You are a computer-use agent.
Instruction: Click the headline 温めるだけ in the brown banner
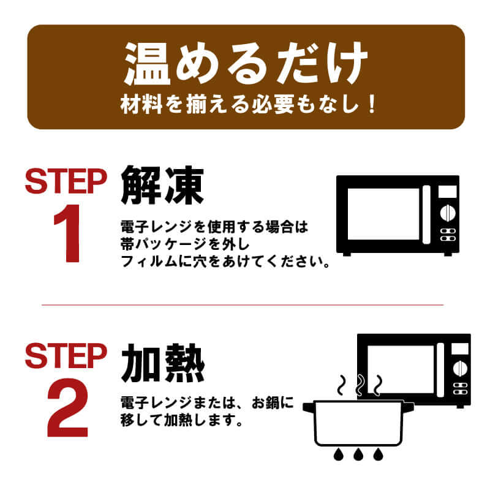point(246,64)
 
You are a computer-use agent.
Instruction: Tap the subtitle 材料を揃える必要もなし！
point(248,104)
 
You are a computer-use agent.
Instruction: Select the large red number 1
point(68,233)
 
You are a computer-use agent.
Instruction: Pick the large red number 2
point(68,407)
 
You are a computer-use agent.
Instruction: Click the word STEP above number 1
point(66,181)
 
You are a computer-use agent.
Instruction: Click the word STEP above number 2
point(66,356)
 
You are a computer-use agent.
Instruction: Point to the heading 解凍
point(162,185)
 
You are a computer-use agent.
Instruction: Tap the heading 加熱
point(163,363)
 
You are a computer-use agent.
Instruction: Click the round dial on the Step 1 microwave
point(448,213)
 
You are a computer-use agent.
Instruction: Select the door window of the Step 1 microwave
point(383,214)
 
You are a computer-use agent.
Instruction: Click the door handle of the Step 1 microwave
point(426,214)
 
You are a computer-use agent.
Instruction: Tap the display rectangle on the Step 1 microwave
point(448,192)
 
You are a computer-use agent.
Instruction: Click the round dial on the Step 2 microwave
point(460,368)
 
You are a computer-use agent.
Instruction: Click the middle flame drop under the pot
point(358,454)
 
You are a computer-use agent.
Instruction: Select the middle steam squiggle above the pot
point(360,385)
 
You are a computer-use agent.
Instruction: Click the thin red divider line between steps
point(243,304)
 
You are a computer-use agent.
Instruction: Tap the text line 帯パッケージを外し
point(185,244)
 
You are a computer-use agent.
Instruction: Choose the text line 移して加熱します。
point(181,420)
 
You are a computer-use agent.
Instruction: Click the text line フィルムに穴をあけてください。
point(225,262)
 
